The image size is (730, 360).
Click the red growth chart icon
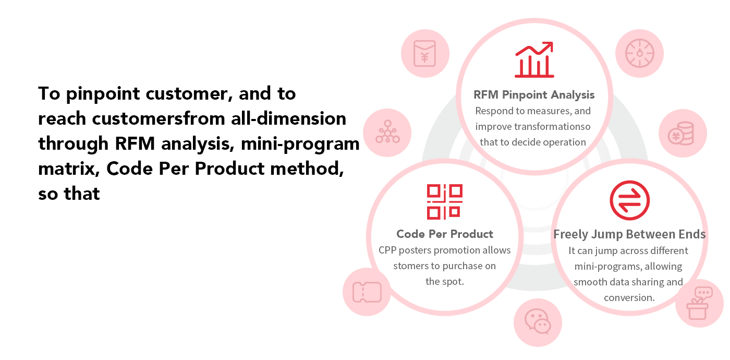click(x=534, y=59)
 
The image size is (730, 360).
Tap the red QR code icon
click(x=444, y=202)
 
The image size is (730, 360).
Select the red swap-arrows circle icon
click(x=630, y=200)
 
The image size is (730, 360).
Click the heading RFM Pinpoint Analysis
click(x=534, y=95)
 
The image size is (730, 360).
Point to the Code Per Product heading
click(x=444, y=234)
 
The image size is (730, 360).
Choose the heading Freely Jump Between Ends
click(x=629, y=234)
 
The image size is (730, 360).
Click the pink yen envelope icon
click(x=424, y=53)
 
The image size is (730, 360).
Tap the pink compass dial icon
click(x=639, y=53)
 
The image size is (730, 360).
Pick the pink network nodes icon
click(x=387, y=131)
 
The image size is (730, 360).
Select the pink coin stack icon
click(x=681, y=134)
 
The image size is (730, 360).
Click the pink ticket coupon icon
click(x=367, y=292)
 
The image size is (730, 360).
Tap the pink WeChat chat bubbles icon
click(x=538, y=321)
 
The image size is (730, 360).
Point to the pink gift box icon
click(x=699, y=303)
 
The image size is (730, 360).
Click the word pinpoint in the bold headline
click(x=103, y=94)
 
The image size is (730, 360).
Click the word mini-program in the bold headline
click(x=300, y=145)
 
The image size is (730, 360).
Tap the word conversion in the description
click(x=629, y=298)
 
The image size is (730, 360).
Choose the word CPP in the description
click(x=387, y=250)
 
